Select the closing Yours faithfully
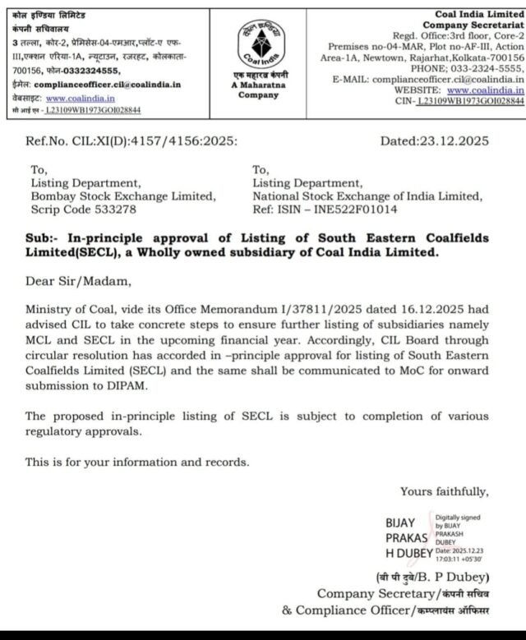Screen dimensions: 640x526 (444, 491)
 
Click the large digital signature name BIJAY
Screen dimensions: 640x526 (400, 523)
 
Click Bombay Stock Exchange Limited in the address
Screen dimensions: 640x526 (124, 196)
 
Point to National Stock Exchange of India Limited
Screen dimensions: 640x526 (367, 196)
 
